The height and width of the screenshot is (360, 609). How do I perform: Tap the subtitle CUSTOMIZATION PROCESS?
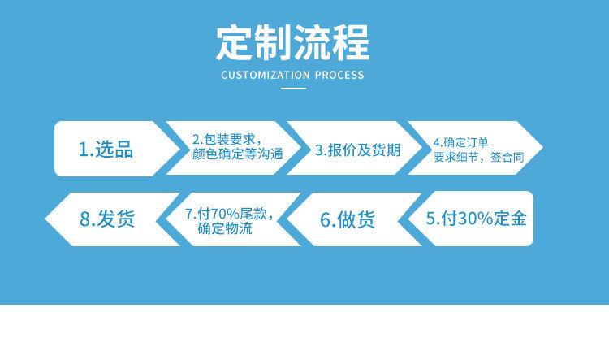(292, 76)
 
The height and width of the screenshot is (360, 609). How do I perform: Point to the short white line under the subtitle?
(292, 88)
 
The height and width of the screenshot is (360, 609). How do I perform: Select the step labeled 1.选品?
(106, 150)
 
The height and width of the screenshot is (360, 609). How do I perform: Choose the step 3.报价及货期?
(357, 150)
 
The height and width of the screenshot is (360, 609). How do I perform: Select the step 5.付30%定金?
(477, 218)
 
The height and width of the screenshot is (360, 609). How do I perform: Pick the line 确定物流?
(225, 229)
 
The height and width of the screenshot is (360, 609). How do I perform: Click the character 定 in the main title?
(235, 43)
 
